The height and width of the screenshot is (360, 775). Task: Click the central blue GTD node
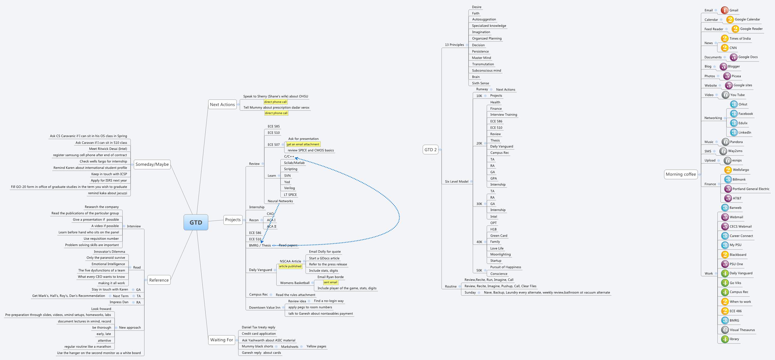tap(196, 222)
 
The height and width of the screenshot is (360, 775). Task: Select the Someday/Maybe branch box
tap(152, 164)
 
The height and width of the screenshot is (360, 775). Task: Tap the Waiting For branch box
tap(221, 340)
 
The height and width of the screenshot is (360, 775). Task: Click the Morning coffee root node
tap(680, 174)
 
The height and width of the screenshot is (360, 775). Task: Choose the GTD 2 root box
tap(430, 149)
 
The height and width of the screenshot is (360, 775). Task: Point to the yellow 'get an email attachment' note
tap(303, 144)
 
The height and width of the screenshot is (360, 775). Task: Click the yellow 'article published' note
tap(290, 266)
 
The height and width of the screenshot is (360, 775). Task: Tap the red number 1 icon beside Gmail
tap(724, 10)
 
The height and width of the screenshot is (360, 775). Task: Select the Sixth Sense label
tap(480, 83)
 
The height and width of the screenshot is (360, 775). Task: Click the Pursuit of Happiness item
tap(505, 267)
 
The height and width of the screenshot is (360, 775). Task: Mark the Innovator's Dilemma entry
tap(109, 252)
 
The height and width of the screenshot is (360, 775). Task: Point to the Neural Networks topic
tap(280, 201)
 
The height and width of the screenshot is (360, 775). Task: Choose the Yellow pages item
tap(316, 347)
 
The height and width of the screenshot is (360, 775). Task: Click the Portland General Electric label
tap(751, 189)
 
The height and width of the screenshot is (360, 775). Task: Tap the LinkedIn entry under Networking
tap(745, 132)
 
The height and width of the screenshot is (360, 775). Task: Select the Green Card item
tap(499, 236)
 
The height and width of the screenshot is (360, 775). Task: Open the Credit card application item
tap(258, 334)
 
